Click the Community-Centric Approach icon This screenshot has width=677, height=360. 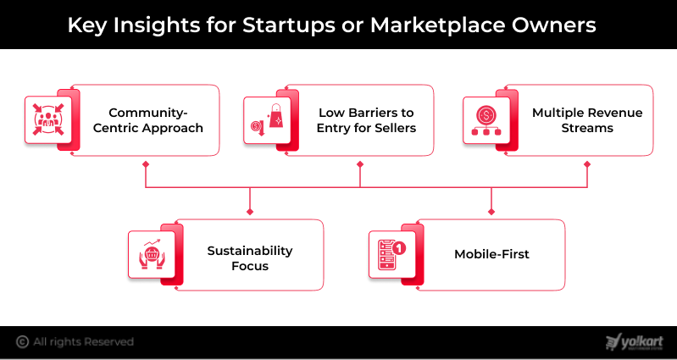point(44,119)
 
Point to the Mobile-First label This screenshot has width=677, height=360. point(491,254)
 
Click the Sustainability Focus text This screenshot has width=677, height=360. point(250,258)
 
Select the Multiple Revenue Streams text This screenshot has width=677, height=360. point(587,120)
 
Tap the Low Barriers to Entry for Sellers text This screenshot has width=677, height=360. point(367,120)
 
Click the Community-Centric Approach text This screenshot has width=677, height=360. point(156,120)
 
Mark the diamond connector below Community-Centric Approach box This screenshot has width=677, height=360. point(146,164)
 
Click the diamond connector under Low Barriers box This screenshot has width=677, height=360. point(360,164)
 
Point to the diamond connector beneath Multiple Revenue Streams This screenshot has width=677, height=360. point(588,164)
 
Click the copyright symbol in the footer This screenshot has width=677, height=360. point(22,342)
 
